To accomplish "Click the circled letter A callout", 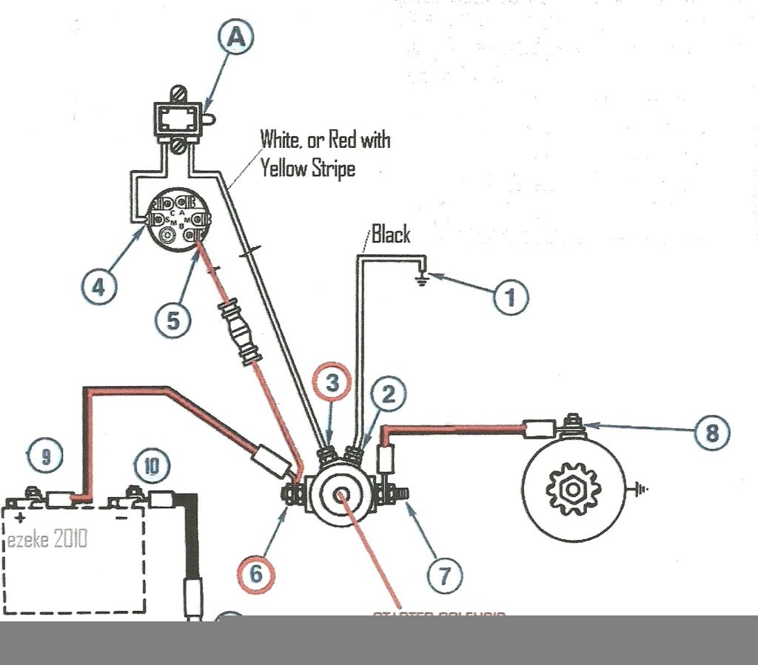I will pos(236,38).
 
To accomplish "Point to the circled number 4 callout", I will pos(98,286).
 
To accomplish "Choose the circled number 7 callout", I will pos(444,573).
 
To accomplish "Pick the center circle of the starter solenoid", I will pos(342,496).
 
